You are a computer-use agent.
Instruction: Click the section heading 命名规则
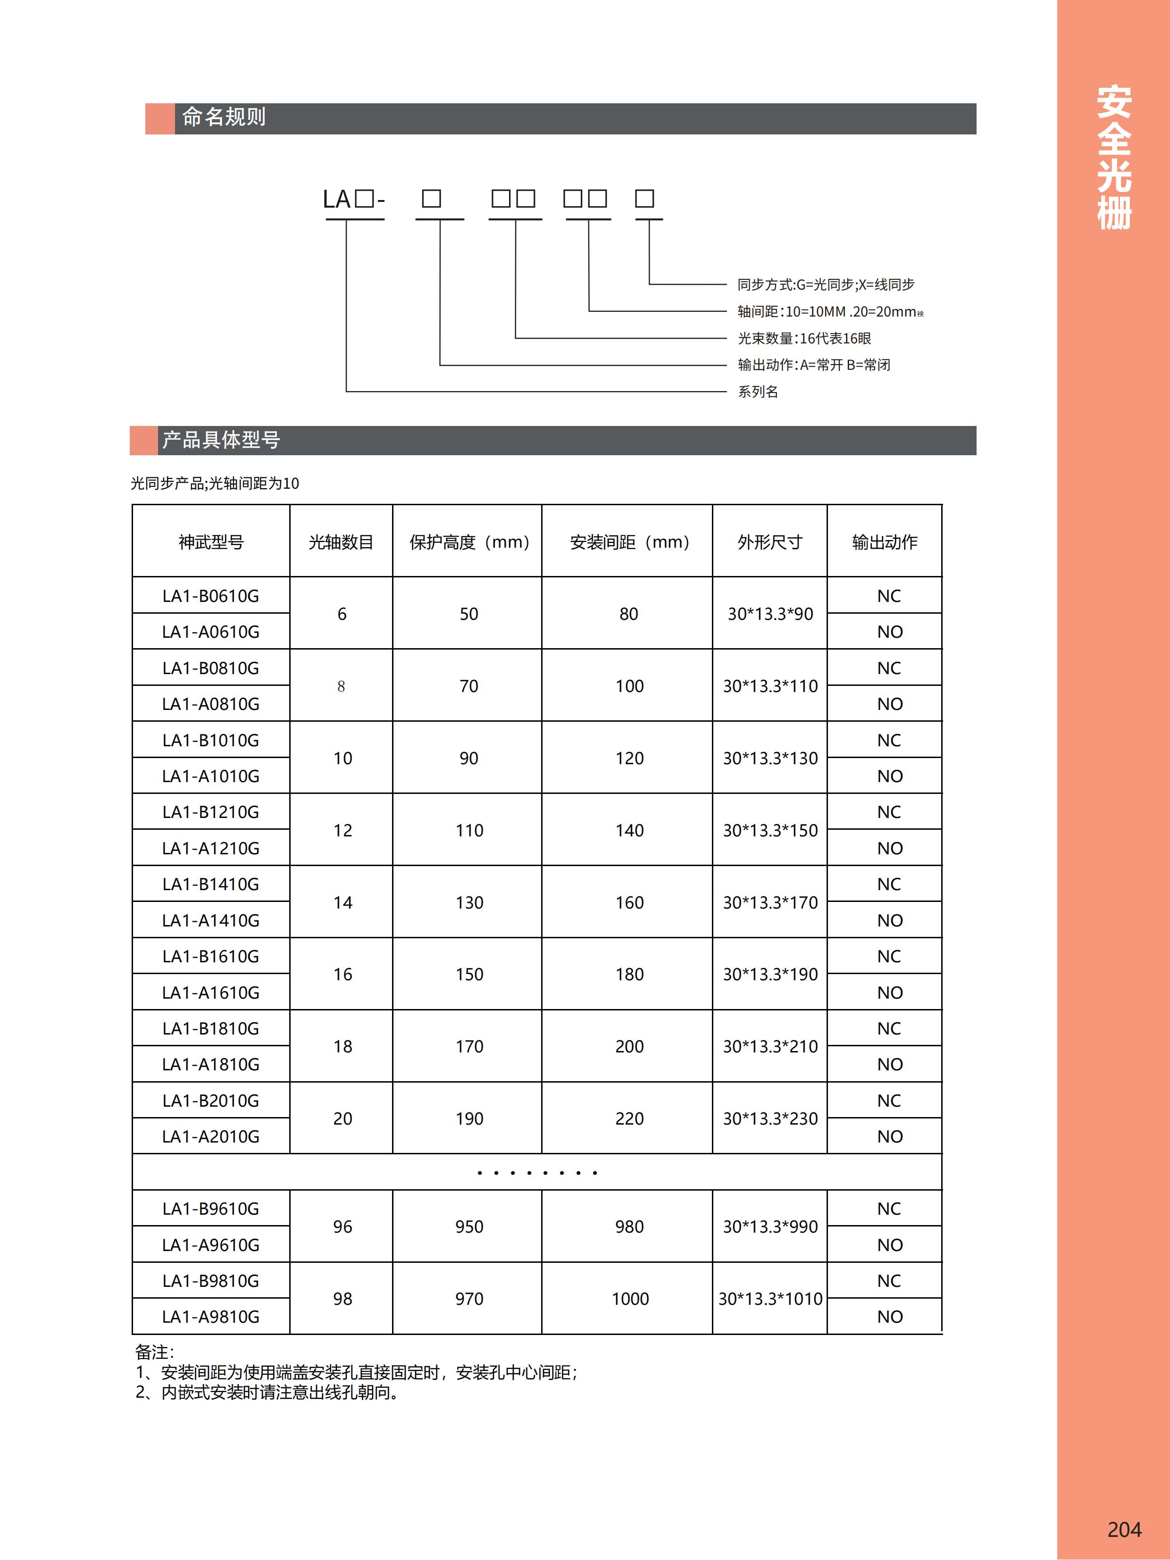click(x=224, y=117)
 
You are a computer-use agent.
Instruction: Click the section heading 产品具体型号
click(x=221, y=440)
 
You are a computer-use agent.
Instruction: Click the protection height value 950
click(x=469, y=1226)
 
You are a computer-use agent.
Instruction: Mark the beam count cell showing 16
click(x=343, y=974)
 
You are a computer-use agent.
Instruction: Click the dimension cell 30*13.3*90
click(x=770, y=614)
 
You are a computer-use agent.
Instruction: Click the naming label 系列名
click(x=758, y=392)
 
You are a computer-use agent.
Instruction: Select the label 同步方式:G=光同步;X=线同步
click(x=826, y=284)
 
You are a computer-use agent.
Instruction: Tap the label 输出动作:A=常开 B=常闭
click(x=814, y=365)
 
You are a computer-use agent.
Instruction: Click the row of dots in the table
click(x=537, y=1173)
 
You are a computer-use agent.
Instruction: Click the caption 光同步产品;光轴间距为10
click(x=215, y=483)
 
